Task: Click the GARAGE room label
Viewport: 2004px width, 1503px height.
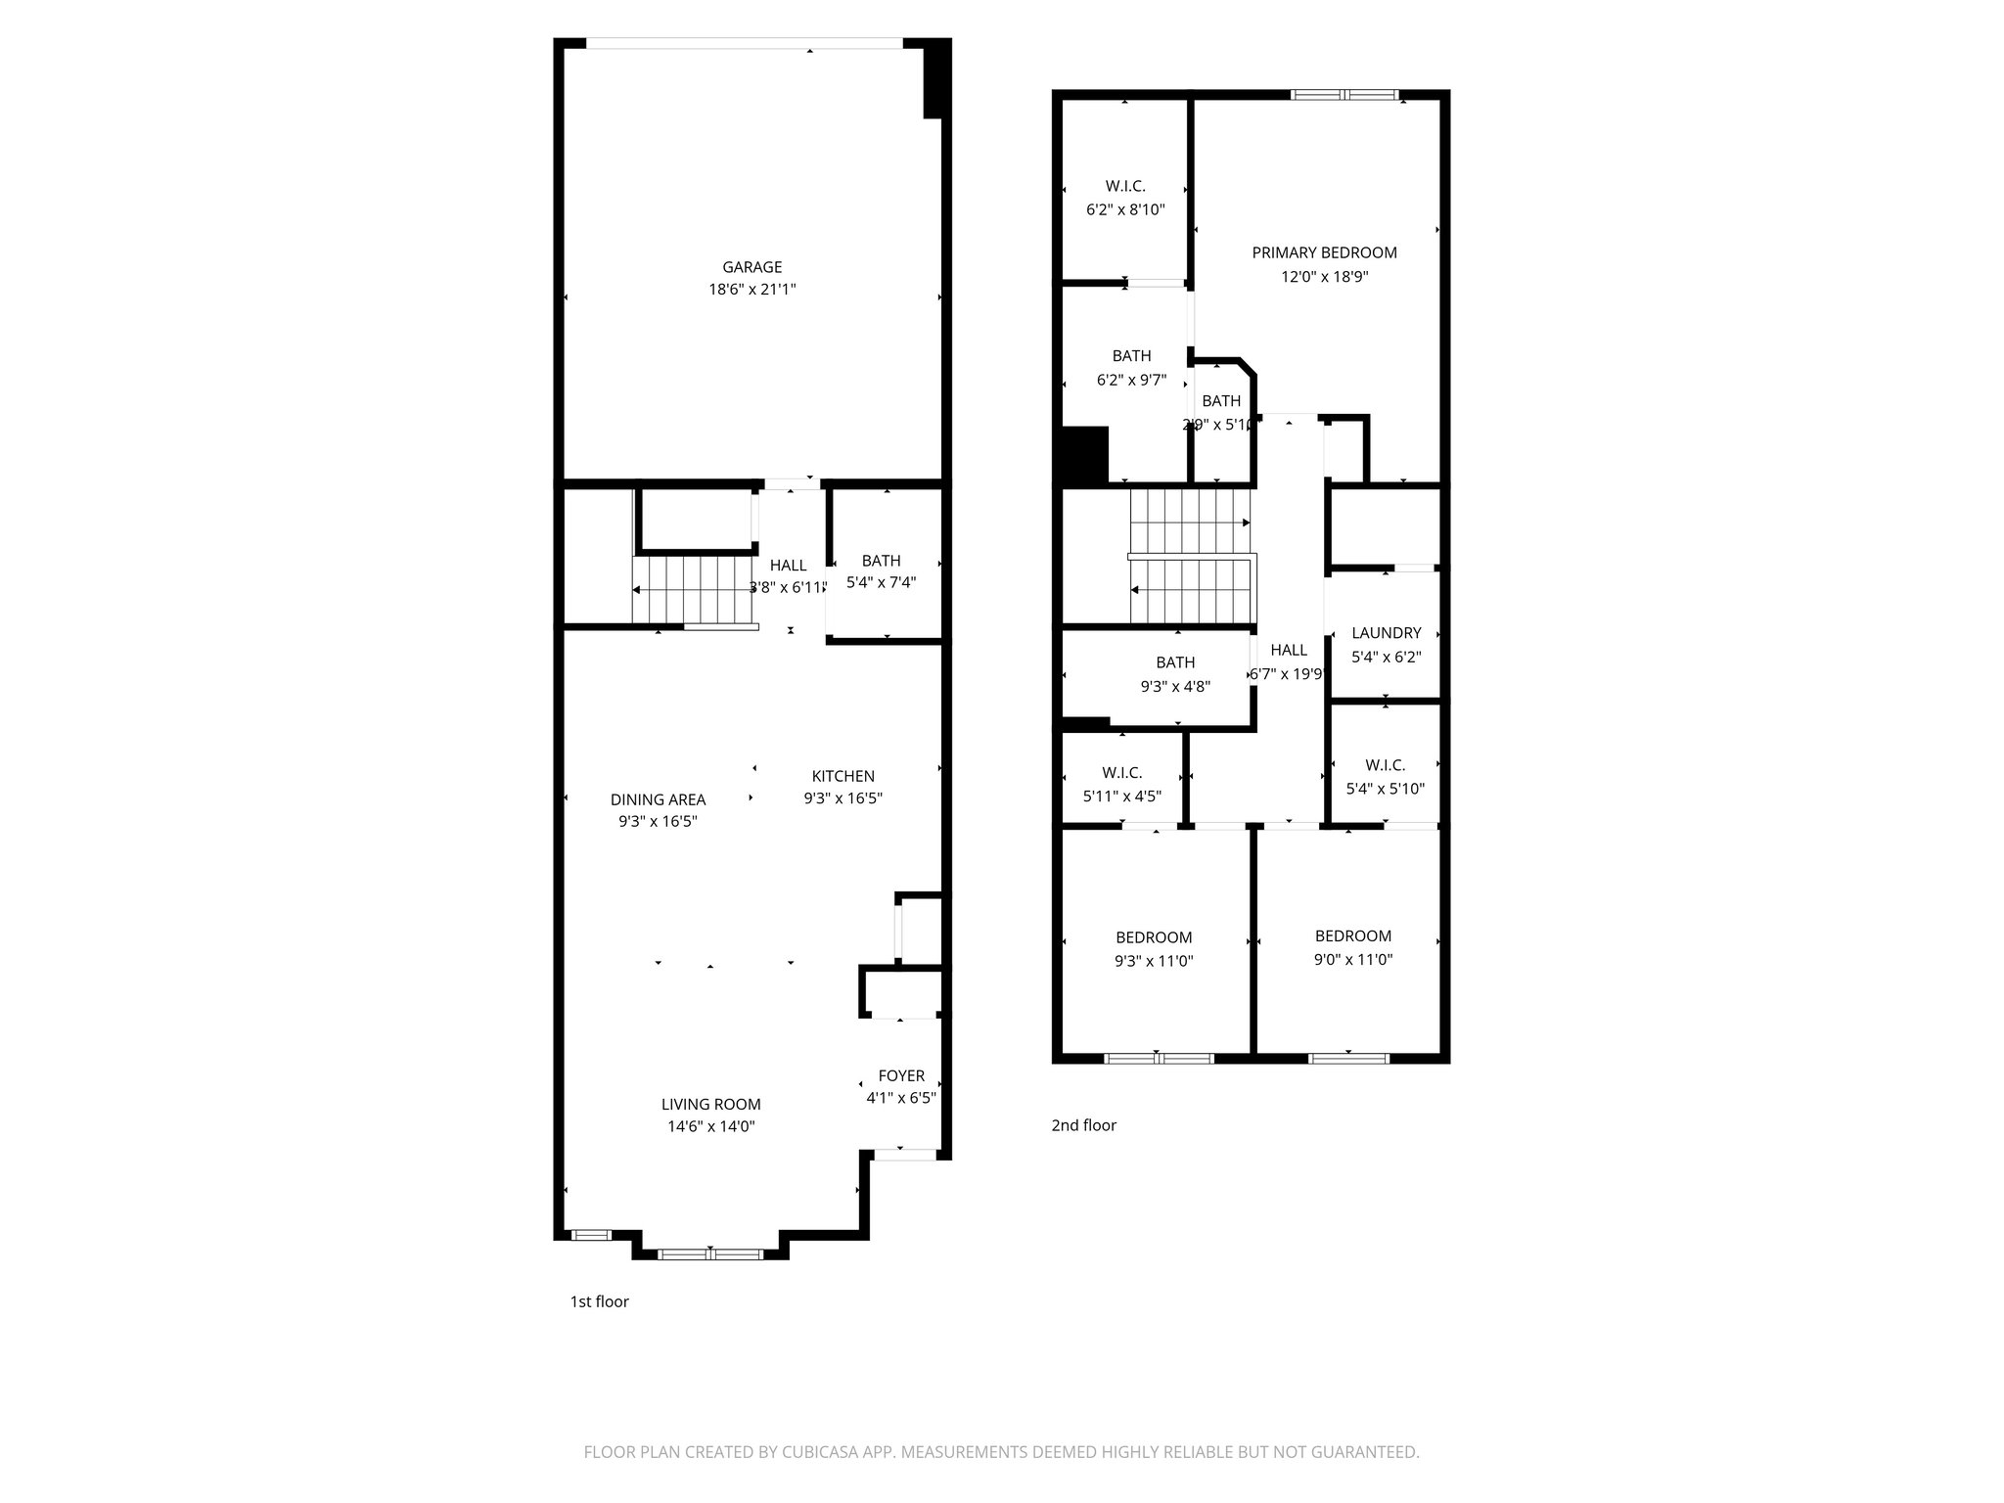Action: [751, 267]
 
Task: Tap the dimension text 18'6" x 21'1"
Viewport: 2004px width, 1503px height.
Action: [751, 290]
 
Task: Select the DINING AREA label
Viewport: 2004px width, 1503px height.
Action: [658, 799]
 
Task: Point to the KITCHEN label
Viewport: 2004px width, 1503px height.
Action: [843, 776]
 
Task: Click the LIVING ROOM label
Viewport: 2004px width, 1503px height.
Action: [710, 1104]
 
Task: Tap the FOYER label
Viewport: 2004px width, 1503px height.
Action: [900, 1075]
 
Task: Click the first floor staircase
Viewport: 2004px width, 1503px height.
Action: [695, 589]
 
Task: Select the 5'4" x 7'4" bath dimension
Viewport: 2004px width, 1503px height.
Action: [881, 582]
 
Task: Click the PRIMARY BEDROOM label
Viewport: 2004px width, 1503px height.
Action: [1324, 252]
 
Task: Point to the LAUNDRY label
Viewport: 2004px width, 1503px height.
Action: [1386, 633]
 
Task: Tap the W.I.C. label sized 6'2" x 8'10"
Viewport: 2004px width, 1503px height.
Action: [1125, 186]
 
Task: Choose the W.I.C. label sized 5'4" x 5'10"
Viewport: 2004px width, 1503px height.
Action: [1385, 765]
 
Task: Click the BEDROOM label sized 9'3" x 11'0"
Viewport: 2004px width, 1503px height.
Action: [1154, 937]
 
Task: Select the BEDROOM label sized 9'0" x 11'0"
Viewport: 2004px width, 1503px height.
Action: [1352, 935]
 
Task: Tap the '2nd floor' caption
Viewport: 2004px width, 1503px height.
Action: [1083, 1125]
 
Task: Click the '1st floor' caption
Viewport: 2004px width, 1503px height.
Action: [599, 1301]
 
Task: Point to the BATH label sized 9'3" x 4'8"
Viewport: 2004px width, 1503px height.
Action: [1174, 662]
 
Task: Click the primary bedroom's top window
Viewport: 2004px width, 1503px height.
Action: [1344, 95]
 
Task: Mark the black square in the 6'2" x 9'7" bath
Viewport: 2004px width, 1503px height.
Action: [1084, 454]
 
